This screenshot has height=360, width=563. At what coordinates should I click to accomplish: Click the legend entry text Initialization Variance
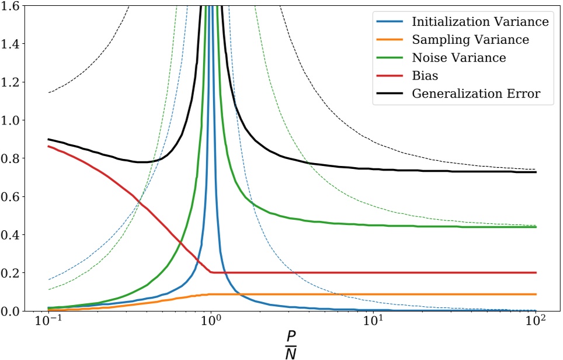tap(479, 22)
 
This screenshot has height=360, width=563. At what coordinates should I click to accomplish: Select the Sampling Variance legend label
tap(470, 40)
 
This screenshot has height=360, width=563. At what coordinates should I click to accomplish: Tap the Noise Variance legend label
tap(458, 57)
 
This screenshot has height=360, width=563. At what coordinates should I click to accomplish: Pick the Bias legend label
tap(423, 75)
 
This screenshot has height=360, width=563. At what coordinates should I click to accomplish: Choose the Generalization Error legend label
tap(482, 94)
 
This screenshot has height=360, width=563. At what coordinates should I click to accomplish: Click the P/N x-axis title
tap(292, 345)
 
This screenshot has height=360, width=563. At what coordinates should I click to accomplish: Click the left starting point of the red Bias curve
tap(48, 146)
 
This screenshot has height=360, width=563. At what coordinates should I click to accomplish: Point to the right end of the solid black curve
tap(536, 172)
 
